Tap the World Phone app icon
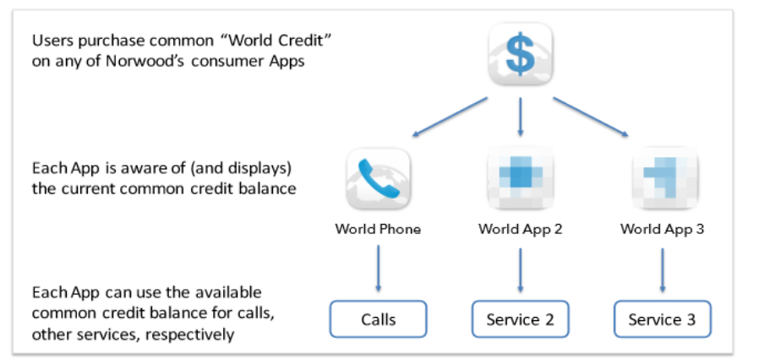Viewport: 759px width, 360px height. tap(378, 178)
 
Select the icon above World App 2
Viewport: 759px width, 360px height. tap(520, 178)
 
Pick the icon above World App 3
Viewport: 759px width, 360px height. tap(664, 178)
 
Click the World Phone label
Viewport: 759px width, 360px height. tap(378, 229)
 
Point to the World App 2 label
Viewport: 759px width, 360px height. tap(520, 229)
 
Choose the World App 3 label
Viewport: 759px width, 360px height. tap(662, 229)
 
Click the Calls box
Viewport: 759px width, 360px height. tap(378, 319)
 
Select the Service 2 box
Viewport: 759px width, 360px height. tap(520, 319)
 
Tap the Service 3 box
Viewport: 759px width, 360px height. tap(662, 319)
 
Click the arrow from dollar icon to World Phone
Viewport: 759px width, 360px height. tap(450, 117)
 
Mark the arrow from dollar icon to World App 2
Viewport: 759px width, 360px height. tap(521, 117)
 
